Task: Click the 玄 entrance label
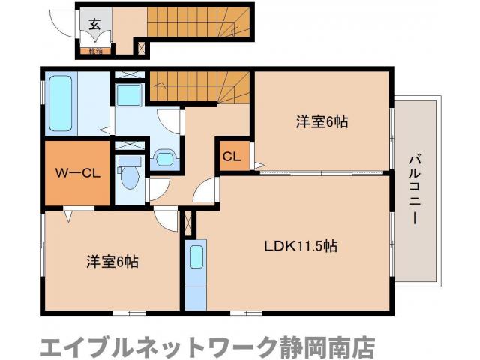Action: click(x=94, y=23)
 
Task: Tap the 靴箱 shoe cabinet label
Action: click(x=94, y=51)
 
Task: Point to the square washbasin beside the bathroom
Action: click(x=128, y=94)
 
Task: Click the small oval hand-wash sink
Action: click(x=164, y=158)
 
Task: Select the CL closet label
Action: click(x=232, y=157)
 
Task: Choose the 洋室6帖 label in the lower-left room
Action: click(x=112, y=262)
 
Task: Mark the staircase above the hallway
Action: click(x=199, y=85)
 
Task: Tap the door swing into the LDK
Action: click(x=205, y=191)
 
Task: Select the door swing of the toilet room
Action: click(x=157, y=189)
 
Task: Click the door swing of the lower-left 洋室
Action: click(x=166, y=219)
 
